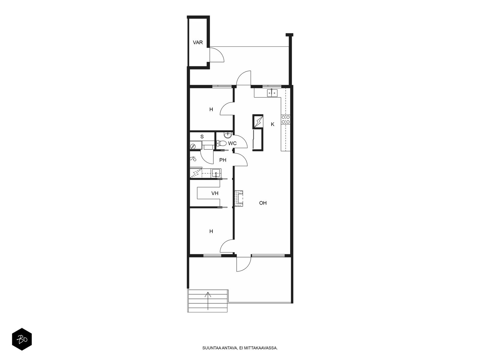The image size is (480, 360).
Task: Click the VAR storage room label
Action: pyautogui.click(x=198, y=42)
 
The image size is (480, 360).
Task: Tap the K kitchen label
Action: pyautogui.click(x=272, y=124)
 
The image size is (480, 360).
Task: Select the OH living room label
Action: pyautogui.click(x=263, y=203)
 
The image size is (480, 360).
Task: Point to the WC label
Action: pyautogui.click(x=232, y=143)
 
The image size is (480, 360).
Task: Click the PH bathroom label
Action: pyautogui.click(x=223, y=160)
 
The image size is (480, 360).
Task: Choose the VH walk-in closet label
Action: pyautogui.click(x=215, y=193)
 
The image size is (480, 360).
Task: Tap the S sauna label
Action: pyautogui.click(x=202, y=136)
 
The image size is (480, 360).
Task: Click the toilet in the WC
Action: pyautogui.click(x=221, y=143)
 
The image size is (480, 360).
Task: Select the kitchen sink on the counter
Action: pyautogui.click(x=272, y=93)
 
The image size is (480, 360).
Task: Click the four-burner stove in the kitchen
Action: pyautogui.click(x=286, y=119)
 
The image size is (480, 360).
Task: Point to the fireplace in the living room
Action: pyautogui.click(x=239, y=198)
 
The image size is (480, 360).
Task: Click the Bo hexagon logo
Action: pyautogui.click(x=22, y=339)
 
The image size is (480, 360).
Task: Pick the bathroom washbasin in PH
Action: pyautogui.click(x=216, y=173)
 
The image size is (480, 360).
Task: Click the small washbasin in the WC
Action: pyautogui.click(x=228, y=135)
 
